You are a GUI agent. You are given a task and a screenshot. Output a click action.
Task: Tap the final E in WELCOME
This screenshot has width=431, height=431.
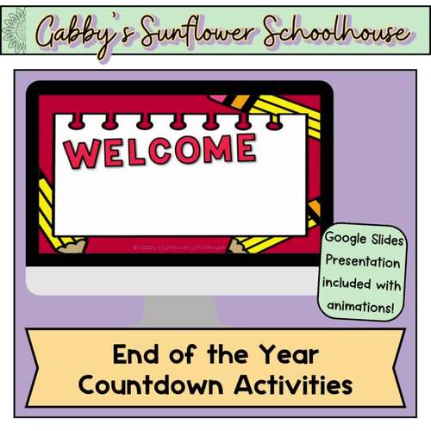click(245, 147)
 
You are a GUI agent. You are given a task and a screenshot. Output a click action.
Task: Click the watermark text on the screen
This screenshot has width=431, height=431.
click(178, 247)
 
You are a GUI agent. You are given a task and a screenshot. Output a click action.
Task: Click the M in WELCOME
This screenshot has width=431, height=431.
click(216, 149)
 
